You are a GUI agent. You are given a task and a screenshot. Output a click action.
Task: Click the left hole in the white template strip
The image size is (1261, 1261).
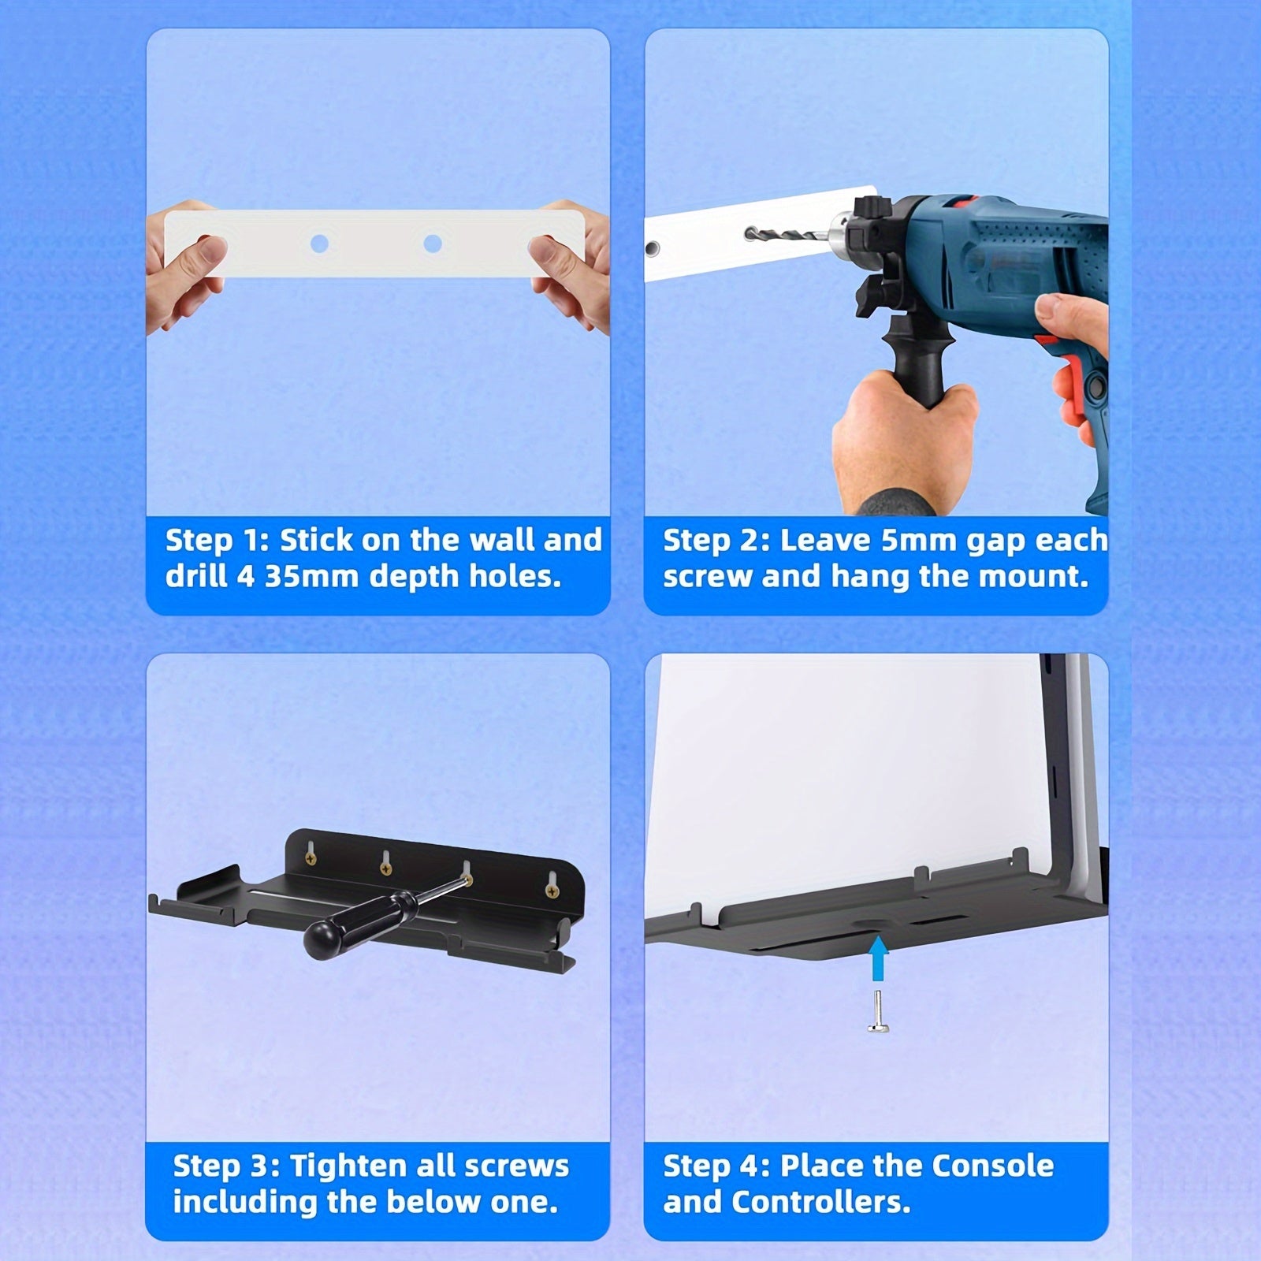pyautogui.click(x=319, y=244)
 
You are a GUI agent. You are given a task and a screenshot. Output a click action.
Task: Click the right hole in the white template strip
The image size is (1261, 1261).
pyautogui.click(x=432, y=244)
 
